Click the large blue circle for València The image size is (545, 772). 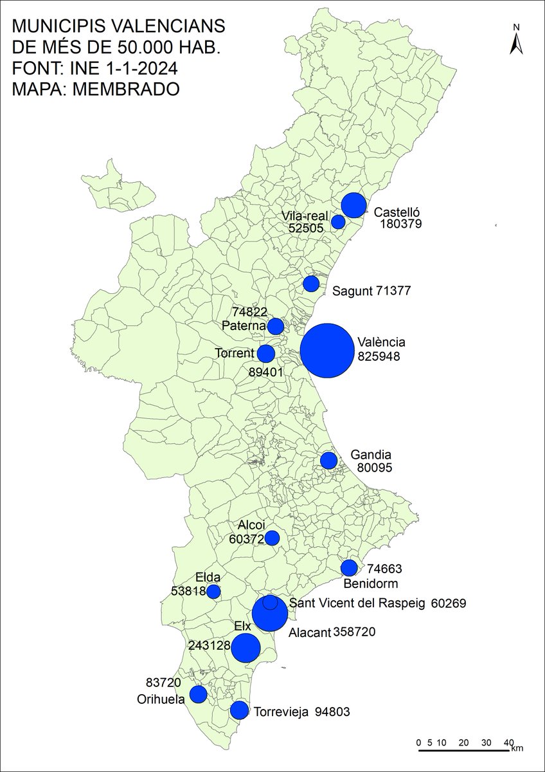click(326, 350)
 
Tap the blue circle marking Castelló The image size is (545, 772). click(353, 205)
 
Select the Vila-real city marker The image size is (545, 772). click(338, 222)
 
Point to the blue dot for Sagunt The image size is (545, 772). click(311, 284)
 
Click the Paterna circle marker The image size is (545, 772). click(275, 326)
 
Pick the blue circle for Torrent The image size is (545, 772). click(266, 353)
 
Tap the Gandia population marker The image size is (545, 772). click(328, 461)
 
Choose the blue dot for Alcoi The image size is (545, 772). click(272, 538)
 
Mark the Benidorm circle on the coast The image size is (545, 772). click(349, 567)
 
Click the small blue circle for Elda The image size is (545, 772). click(213, 591)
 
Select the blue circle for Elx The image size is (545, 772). click(246, 648)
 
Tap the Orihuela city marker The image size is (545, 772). click(198, 694)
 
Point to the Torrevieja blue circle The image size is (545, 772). click(239, 710)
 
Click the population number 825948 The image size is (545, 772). click(379, 355)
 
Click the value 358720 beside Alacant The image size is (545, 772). click(354, 633)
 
